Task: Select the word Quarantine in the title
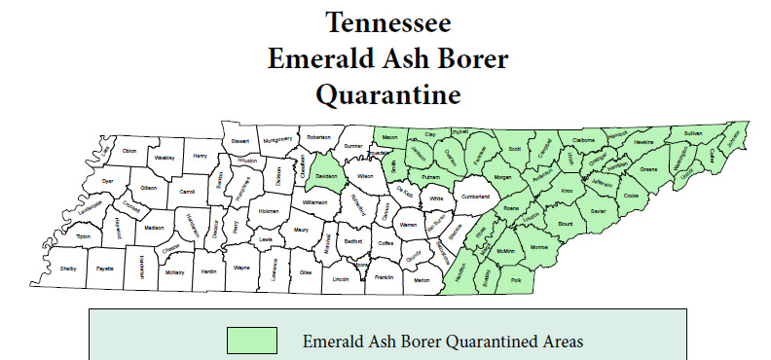tap(386, 95)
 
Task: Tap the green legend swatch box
tap(251, 341)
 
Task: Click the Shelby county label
tap(68, 268)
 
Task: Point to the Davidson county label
tap(326, 176)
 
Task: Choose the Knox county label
tap(567, 192)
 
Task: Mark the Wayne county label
tap(242, 267)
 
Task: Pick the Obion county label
tap(129, 151)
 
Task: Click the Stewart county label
tap(239, 141)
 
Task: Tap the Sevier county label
tap(598, 210)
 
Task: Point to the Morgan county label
tap(502, 178)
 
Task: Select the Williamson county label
tap(314, 201)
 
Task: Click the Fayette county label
tap(104, 268)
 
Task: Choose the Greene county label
tap(648, 169)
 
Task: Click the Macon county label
tap(391, 137)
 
